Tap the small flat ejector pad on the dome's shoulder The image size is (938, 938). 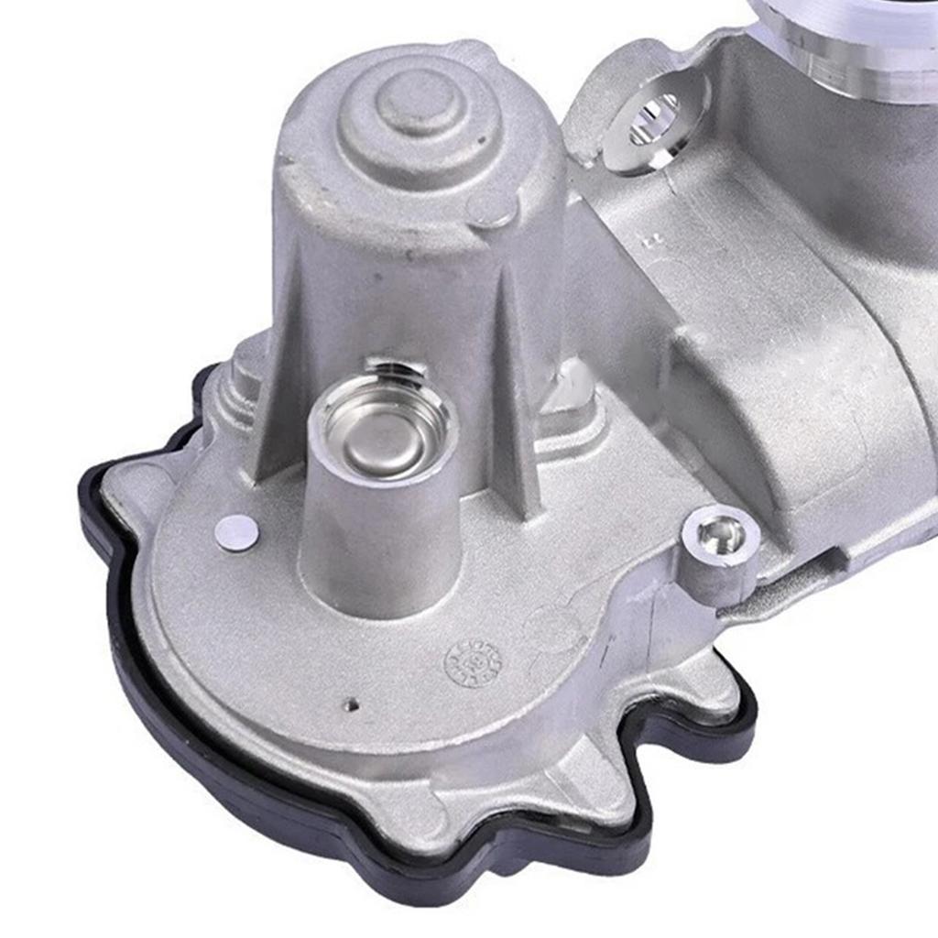(492, 208)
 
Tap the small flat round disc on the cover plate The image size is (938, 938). (236, 531)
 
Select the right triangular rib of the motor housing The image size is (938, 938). (513, 403)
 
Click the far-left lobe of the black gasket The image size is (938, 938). (101, 495)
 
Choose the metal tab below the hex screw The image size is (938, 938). (705, 678)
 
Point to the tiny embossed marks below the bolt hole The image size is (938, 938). (652, 241)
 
